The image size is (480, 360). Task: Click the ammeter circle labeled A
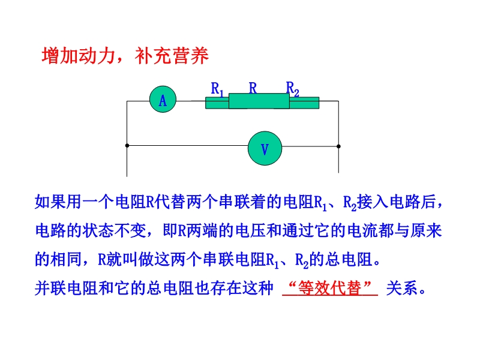pos(163,99)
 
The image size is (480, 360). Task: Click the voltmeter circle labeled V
pos(265,148)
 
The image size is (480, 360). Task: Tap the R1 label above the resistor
pos(217,89)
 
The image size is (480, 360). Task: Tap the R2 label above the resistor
pos(293,89)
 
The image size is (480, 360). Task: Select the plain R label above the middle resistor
pos(253,88)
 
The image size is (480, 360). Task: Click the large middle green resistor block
pos(259,101)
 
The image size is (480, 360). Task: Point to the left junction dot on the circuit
pos(127,146)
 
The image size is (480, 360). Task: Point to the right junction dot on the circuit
pos(338,146)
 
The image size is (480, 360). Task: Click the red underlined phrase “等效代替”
pos(330,288)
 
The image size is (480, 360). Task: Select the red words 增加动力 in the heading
pos(79,56)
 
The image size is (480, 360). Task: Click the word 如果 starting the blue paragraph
pos(50,202)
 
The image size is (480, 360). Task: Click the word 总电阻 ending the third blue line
pos(349,259)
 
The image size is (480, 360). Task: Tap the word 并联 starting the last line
pos(50,288)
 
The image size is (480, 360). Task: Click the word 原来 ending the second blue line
pos(426,230)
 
